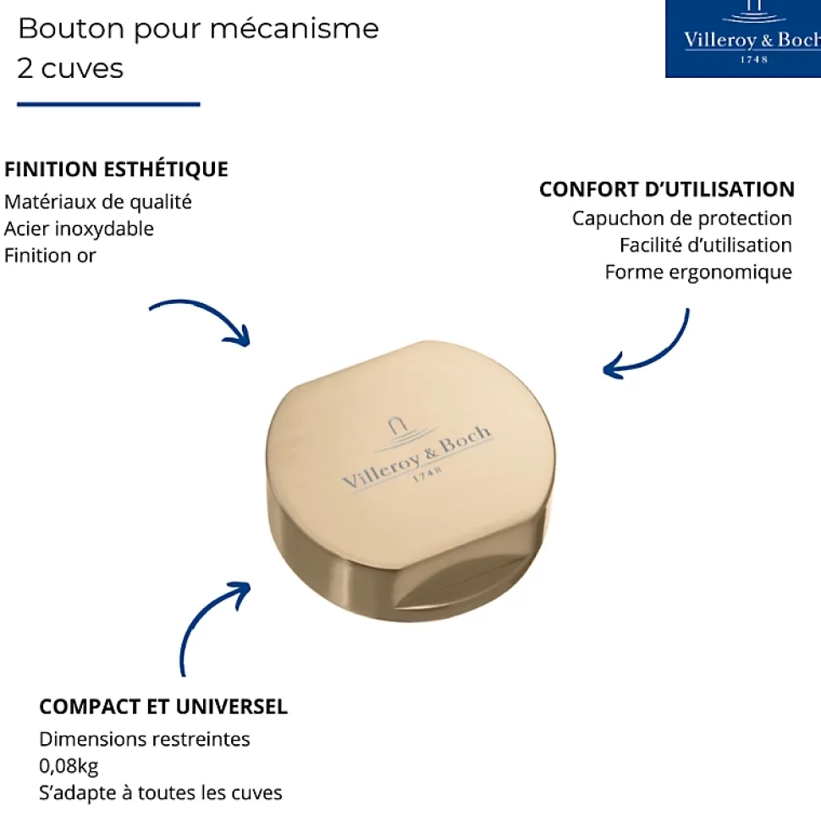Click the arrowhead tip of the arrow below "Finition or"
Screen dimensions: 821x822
249,345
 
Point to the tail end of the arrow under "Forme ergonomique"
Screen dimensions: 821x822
688,309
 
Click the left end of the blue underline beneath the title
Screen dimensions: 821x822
17,104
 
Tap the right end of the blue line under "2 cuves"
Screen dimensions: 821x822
200,104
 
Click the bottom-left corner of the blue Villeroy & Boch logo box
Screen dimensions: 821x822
665,78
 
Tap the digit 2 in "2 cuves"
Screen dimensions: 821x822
25,69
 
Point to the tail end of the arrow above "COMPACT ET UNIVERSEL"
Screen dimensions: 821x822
183,676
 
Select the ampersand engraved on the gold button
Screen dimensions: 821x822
431,452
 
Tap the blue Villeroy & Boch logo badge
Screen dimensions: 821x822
743,39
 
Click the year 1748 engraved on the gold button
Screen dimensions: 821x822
427,473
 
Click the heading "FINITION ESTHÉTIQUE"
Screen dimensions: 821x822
117,169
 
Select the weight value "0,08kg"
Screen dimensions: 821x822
69,766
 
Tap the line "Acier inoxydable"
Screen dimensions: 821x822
80,229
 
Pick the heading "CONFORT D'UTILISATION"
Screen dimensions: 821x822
667,190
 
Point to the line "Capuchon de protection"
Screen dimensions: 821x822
682,218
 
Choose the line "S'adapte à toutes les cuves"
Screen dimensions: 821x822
161,792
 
